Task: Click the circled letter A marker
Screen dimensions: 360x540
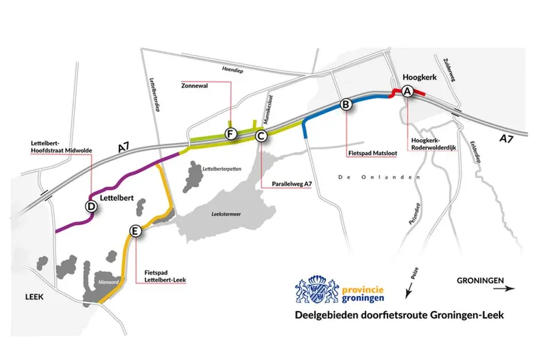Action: (x=407, y=92)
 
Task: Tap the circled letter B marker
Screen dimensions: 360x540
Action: (x=346, y=104)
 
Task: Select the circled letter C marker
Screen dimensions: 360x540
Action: (x=260, y=136)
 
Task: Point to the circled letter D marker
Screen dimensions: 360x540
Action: (x=92, y=206)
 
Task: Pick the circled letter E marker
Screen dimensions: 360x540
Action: (x=135, y=231)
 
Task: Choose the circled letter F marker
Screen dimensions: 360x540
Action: (x=230, y=134)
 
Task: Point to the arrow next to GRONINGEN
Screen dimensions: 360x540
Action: (x=507, y=288)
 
